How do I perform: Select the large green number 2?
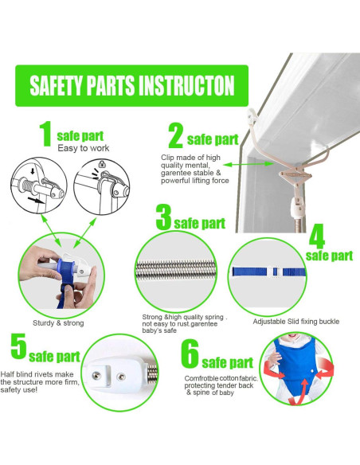[175, 135]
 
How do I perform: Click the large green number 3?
[164, 217]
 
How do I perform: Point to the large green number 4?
[317, 236]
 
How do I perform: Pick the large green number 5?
[18, 346]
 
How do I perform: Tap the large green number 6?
[190, 354]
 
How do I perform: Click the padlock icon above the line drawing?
[102, 164]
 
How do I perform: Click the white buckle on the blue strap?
[276, 272]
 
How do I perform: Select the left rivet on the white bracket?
[96, 376]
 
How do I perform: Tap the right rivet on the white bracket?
[120, 377]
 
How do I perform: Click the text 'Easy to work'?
[84, 148]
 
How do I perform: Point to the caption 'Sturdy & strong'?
[58, 323]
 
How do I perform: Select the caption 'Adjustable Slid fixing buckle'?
[296, 322]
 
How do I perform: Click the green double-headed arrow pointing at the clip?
[248, 164]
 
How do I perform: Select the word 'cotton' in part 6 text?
[229, 378]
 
